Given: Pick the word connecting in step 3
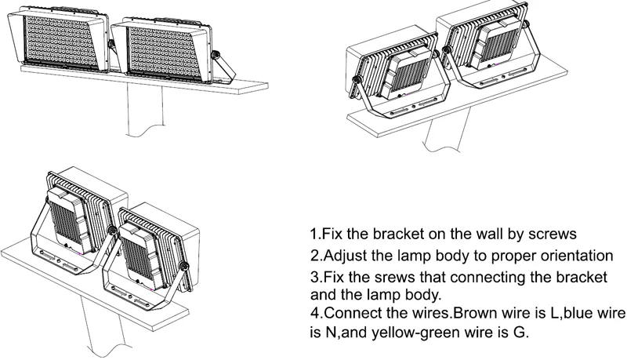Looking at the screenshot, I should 455,279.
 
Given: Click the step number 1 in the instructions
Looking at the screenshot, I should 313,235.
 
